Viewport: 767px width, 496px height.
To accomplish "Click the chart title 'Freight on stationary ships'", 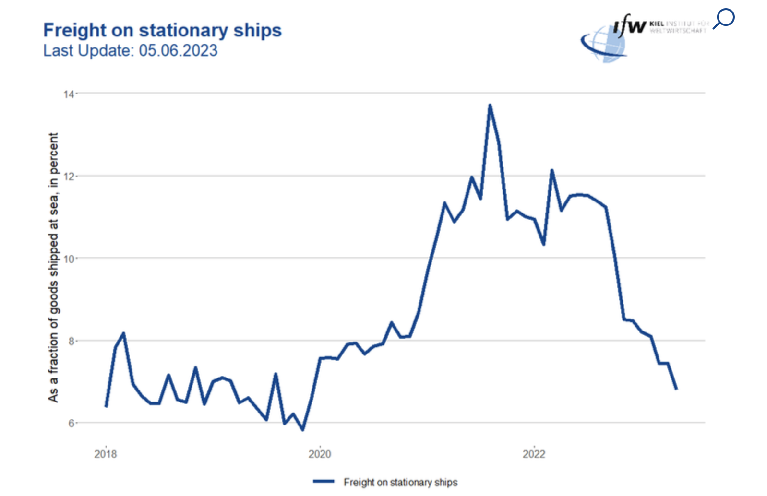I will coord(162,30).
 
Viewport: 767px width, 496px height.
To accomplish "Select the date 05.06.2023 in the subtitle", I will coord(178,50).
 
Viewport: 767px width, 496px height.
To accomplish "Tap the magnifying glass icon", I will coord(723,19).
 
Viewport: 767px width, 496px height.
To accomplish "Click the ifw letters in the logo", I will coord(630,25).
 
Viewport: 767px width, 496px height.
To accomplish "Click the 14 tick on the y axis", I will coord(69,94).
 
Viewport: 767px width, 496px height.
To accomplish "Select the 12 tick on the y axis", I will coord(69,177).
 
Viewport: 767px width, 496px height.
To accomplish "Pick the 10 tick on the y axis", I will coord(69,259).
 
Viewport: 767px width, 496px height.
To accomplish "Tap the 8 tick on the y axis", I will coord(71,342).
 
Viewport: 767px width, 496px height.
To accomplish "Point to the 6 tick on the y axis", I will coord(71,424).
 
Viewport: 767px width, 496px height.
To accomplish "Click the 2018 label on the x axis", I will coord(106,454).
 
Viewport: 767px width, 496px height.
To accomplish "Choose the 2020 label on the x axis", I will coord(320,454).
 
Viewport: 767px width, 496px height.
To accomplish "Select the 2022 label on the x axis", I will coord(534,454).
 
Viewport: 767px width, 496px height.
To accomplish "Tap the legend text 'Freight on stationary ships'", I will coord(400,482).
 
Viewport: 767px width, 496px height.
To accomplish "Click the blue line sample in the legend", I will coord(324,481).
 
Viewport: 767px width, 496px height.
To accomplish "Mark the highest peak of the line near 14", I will coord(490,105).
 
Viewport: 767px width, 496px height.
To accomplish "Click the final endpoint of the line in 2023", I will coord(676,389).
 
